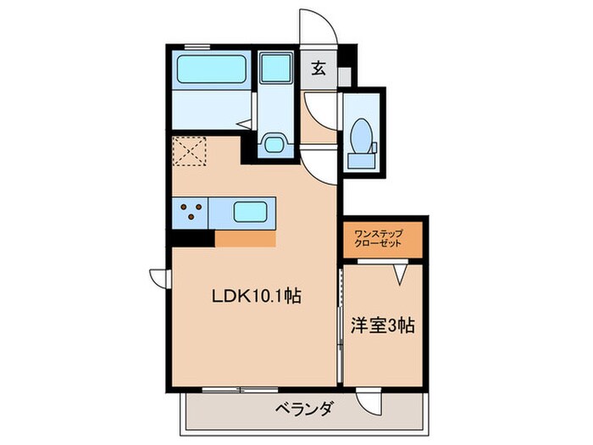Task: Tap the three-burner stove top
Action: [x=191, y=212]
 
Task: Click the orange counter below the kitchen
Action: [x=245, y=239]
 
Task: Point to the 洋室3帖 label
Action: [x=382, y=325]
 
